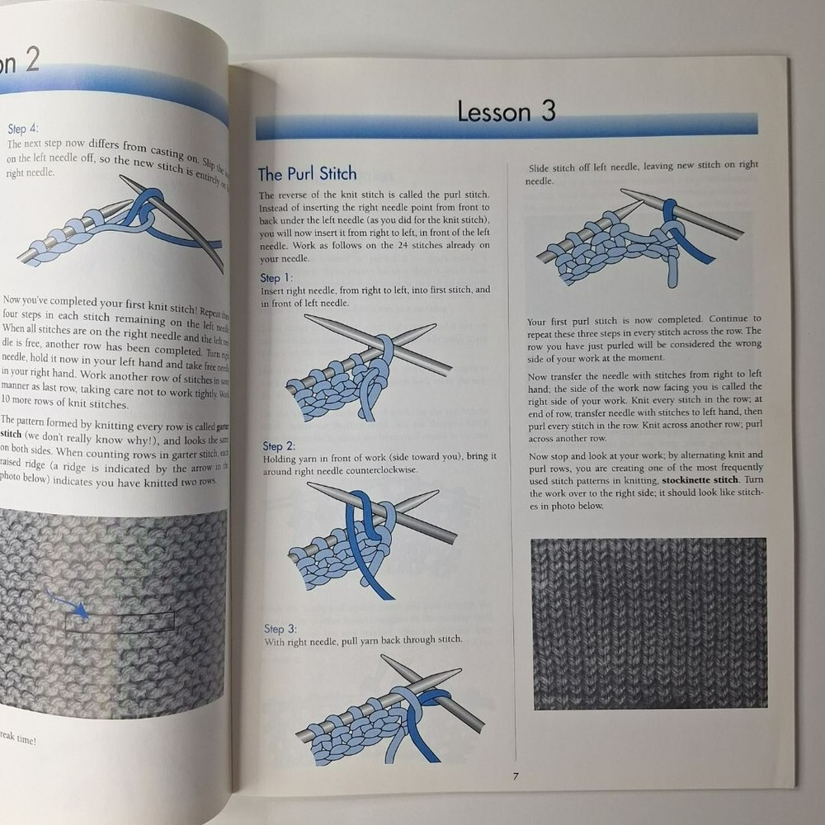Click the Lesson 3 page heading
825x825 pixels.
[x=507, y=111]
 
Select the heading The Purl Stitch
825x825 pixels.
[x=307, y=173]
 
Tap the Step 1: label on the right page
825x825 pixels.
[x=276, y=278]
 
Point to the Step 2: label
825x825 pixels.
[x=279, y=446]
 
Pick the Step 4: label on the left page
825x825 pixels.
[x=22, y=129]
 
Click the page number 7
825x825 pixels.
[x=515, y=775]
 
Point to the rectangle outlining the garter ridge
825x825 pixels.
[x=120, y=621]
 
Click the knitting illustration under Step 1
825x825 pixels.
[x=368, y=367]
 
